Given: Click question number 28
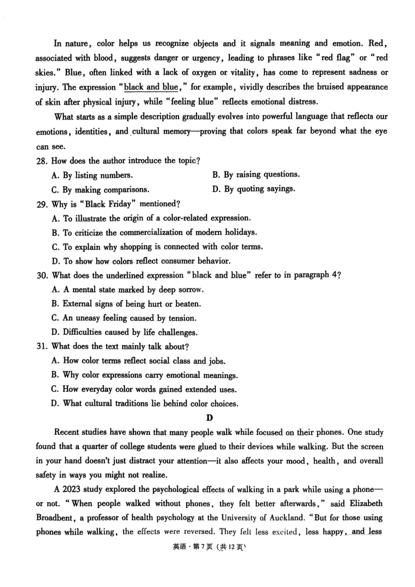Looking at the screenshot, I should [42, 161].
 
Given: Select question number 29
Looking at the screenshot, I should [42, 204].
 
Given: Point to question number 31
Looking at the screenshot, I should [42, 346].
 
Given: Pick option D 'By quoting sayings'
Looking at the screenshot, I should [254, 189].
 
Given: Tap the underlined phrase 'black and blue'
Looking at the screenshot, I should [151, 87].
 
